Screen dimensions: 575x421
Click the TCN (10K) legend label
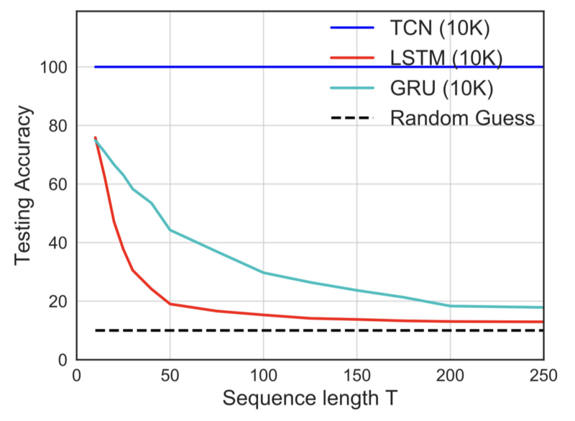440,28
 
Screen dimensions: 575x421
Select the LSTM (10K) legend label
446,58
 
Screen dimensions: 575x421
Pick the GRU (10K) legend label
441,88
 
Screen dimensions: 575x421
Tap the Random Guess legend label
462,118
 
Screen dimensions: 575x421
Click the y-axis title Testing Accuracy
23,185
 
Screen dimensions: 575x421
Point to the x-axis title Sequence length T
310,398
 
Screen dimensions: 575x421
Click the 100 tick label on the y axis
53,68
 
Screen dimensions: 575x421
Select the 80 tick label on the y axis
58,126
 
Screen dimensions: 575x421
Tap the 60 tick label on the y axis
58,184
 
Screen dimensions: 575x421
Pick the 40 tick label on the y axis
58,243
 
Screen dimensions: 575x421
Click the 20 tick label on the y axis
58,302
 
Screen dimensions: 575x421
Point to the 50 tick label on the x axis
170,376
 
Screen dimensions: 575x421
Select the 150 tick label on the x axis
356,376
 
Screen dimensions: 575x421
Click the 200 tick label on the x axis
450,376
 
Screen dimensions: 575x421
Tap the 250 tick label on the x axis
543,376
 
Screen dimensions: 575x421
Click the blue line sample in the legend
352,27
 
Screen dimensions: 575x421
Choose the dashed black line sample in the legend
352,118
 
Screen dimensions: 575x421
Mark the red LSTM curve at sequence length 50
170,304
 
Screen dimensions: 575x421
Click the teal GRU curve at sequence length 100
263,273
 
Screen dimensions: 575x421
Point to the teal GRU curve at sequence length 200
450,306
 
